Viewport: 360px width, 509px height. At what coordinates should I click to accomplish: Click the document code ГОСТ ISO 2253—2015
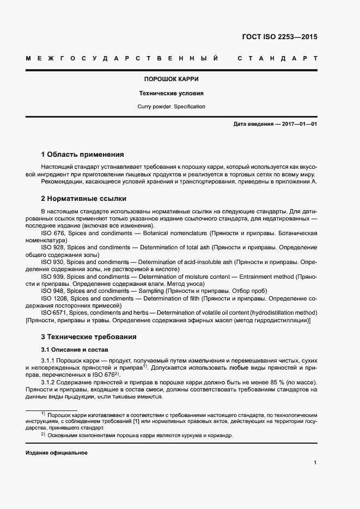pos(279,38)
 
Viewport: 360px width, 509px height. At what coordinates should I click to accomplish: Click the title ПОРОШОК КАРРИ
pos(172,79)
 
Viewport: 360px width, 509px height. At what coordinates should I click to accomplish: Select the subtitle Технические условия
pos(172,93)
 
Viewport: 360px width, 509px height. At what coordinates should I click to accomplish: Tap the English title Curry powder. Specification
pos(172,107)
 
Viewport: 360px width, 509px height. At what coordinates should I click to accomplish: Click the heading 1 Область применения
pos(83,154)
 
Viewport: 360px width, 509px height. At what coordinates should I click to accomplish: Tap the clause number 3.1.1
pos(50,361)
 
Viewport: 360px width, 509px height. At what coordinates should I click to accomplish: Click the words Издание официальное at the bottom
pos(56,453)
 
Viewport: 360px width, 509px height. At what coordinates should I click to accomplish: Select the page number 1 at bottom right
pos(315,463)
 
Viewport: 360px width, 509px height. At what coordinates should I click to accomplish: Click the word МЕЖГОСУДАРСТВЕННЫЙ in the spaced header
pos(122,58)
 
